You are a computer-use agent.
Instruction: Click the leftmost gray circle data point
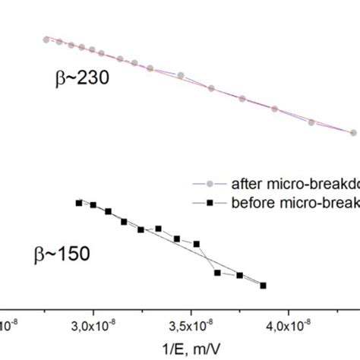(46, 39)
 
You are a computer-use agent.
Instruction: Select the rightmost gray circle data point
(353, 132)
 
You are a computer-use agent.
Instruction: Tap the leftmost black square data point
(78, 202)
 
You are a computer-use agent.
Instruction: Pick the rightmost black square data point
(264, 286)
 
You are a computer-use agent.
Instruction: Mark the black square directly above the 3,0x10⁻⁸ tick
(93, 205)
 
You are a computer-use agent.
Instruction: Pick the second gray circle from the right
(312, 122)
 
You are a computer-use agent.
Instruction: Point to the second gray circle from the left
(59, 43)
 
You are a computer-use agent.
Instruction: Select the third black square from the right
(218, 273)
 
